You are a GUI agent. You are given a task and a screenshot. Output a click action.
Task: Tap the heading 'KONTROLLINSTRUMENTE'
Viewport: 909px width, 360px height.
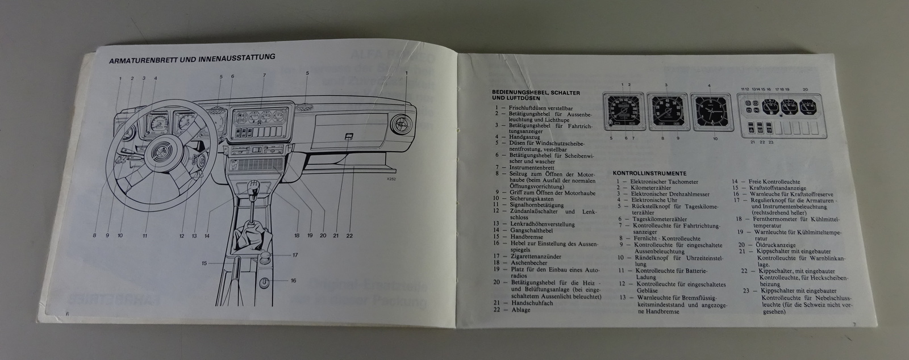point(649,173)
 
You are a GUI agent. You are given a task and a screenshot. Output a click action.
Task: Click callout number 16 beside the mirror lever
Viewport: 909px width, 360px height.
point(294,281)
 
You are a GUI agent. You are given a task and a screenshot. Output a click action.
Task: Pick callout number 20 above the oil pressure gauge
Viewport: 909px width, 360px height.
point(805,89)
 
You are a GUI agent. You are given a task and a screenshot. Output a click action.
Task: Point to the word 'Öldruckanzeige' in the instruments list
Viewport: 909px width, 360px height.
point(773,245)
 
